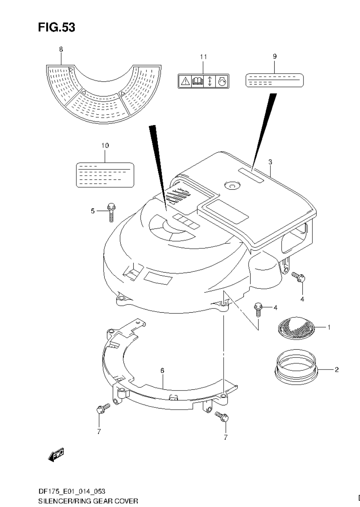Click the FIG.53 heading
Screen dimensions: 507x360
pyautogui.click(x=56, y=27)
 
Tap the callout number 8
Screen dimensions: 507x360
pyautogui.click(x=61, y=49)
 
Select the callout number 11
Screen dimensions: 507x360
pyautogui.click(x=203, y=57)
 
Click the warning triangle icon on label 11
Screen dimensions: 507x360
pyautogui.click(x=185, y=81)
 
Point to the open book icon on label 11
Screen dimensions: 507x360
pyautogui.click(x=198, y=81)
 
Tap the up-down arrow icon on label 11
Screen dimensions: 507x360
pyautogui.click(x=210, y=81)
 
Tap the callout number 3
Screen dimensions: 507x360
pyautogui.click(x=270, y=162)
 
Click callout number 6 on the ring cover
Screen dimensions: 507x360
pyautogui.click(x=162, y=371)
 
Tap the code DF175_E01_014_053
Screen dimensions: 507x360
pyautogui.click(x=71, y=492)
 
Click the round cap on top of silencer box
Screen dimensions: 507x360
pyautogui.click(x=231, y=186)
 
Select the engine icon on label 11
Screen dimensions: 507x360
pyautogui.click(x=223, y=81)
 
